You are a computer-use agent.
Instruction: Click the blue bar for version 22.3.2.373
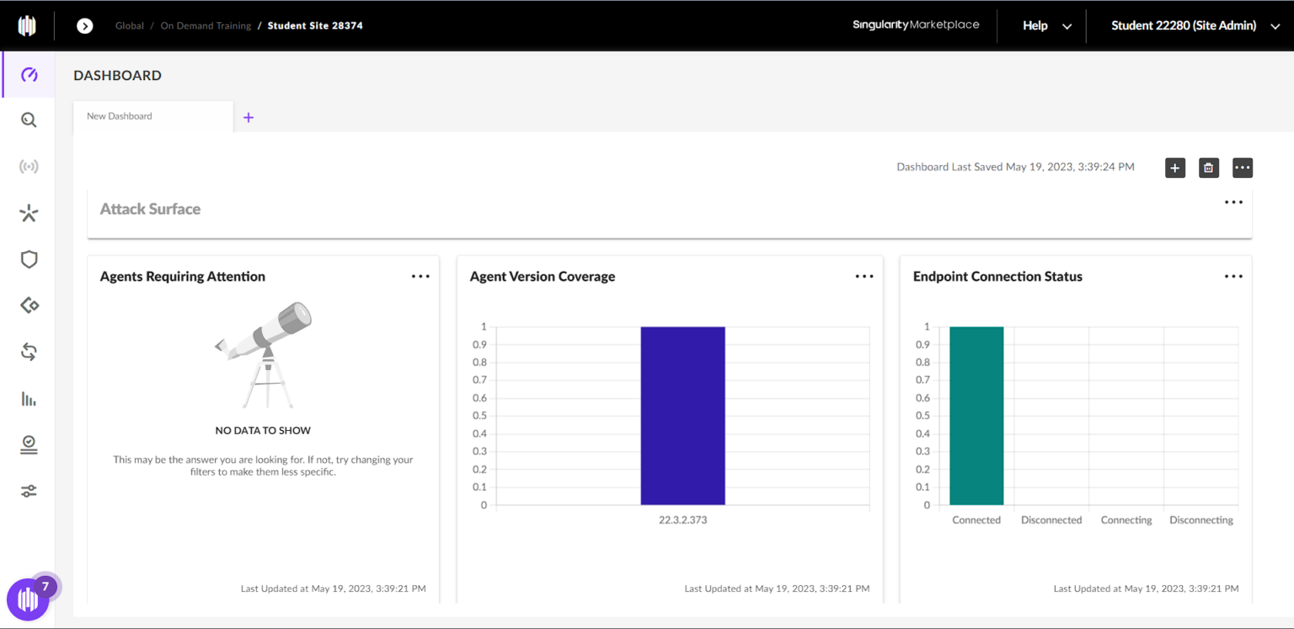pyautogui.click(x=682, y=416)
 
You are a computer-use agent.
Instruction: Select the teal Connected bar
pyautogui.click(x=976, y=416)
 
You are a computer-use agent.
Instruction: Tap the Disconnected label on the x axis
pyautogui.click(x=1051, y=520)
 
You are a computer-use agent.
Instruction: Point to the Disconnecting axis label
pyautogui.click(x=1201, y=520)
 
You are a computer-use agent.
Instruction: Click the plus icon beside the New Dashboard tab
pyautogui.click(x=249, y=118)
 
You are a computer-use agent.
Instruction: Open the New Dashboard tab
pyautogui.click(x=120, y=116)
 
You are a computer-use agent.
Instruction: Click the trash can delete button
pyautogui.click(x=1208, y=168)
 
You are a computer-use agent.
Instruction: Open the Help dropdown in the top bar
pyautogui.click(x=1046, y=26)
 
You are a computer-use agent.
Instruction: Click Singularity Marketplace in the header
pyautogui.click(x=916, y=25)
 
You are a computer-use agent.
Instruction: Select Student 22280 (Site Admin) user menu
pyautogui.click(x=1195, y=26)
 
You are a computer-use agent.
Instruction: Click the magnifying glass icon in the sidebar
pyautogui.click(x=29, y=121)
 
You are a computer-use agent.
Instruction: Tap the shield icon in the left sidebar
pyautogui.click(x=29, y=260)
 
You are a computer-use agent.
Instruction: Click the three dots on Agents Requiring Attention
pyautogui.click(x=420, y=277)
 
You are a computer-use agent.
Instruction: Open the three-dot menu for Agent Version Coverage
pyautogui.click(x=864, y=277)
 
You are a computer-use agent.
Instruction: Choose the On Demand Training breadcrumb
pyautogui.click(x=206, y=26)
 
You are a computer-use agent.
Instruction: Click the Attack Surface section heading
pyautogui.click(x=150, y=209)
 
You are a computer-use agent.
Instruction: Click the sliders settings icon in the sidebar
pyautogui.click(x=29, y=491)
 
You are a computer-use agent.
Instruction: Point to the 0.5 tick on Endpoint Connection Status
pyautogui.click(x=924, y=416)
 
